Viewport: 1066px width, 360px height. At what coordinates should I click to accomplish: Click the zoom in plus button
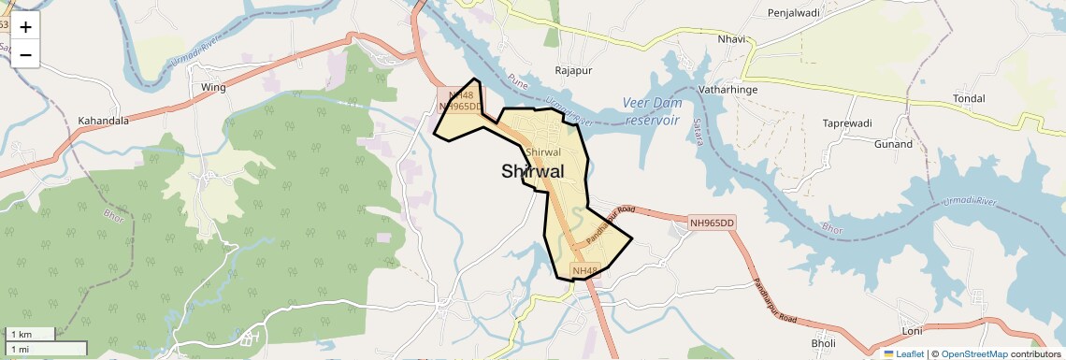pos(25,27)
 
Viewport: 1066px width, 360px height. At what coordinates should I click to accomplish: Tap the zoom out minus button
pos(25,55)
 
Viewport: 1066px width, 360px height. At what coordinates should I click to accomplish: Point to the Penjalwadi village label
pos(793,13)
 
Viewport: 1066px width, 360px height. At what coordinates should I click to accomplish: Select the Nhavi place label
pos(731,39)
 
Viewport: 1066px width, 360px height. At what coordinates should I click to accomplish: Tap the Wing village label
pos(214,87)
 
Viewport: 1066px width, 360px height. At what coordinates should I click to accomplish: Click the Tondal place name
pos(968,98)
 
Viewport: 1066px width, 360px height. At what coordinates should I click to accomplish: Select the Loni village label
pos(912,332)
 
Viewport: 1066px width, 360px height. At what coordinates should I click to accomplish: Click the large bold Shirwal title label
pos(533,171)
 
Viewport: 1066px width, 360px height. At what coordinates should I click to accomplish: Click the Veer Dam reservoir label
pos(654,111)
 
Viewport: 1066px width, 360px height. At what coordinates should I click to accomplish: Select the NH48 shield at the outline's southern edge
pos(583,272)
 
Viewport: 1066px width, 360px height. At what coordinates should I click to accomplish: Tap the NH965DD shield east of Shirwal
pos(713,223)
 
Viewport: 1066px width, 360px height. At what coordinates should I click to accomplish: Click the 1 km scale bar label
pos(21,334)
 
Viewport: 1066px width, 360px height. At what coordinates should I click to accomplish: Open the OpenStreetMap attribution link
pos(973,353)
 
